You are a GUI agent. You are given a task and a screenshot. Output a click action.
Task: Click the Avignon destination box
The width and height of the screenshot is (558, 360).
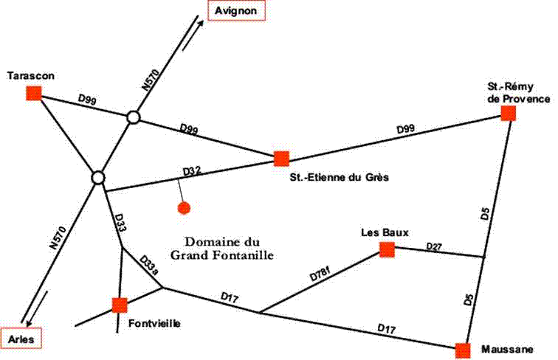235,12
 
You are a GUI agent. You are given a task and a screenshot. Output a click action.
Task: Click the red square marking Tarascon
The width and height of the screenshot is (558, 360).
33,93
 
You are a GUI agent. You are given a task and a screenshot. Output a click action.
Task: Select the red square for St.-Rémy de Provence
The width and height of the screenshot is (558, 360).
508,113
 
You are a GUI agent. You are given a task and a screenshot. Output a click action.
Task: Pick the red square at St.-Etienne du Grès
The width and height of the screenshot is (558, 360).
281,159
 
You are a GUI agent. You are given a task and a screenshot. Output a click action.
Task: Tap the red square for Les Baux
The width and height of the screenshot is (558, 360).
387,250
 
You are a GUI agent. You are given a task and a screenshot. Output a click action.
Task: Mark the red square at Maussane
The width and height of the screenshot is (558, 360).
463,350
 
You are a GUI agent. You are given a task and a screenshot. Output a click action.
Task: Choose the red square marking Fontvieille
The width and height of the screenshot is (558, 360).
120,305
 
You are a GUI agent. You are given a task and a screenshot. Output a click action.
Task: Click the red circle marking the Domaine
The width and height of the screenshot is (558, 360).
185,208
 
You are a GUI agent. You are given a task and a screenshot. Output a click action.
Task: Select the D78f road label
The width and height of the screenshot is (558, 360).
320,276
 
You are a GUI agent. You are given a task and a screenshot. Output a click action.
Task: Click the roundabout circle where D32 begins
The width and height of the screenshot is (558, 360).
97,178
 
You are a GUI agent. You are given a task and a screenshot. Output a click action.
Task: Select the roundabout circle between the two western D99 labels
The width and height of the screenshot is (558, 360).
133,117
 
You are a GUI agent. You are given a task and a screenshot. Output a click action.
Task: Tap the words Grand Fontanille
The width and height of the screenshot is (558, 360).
222,256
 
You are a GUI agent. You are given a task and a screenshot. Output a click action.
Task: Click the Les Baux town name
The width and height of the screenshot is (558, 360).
380,233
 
